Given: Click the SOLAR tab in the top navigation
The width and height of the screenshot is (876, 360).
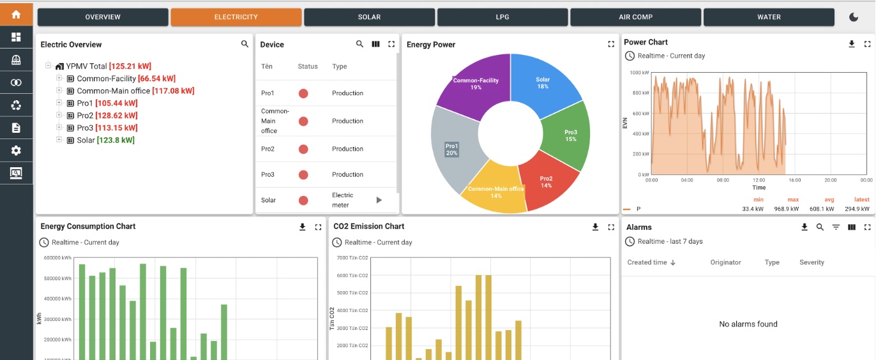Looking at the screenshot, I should point(369,17).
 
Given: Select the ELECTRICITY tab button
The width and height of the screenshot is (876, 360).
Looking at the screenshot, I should point(236,17).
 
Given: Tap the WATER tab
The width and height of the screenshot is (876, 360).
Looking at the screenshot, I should point(769,17).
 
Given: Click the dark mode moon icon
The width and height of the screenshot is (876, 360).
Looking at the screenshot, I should point(854,17).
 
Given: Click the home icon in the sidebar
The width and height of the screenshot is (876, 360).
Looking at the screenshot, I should point(16,14).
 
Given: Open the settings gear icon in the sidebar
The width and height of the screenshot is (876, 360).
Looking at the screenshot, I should point(16,151).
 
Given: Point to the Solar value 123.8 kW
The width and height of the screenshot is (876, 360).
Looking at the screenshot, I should point(116,140).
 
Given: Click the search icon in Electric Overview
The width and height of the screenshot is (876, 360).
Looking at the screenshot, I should point(245,44).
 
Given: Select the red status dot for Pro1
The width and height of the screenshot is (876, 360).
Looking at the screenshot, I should point(303,93).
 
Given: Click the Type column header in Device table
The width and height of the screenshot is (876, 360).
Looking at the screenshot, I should point(339,66).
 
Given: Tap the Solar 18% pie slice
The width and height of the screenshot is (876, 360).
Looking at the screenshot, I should point(543,83).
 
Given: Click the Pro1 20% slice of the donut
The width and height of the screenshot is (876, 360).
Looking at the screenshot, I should point(451,149).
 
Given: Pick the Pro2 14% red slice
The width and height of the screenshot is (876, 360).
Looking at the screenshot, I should point(546,182).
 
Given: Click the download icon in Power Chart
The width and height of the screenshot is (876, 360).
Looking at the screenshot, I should point(851,44).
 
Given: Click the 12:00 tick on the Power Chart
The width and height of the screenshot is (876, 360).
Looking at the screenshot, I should point(759,180).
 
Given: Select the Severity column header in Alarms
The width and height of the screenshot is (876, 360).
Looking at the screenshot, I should point(812,262).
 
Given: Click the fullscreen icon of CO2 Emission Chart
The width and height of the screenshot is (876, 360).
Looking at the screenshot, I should point(611,227).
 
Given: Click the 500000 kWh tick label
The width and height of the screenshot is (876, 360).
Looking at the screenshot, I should point(57,278).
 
